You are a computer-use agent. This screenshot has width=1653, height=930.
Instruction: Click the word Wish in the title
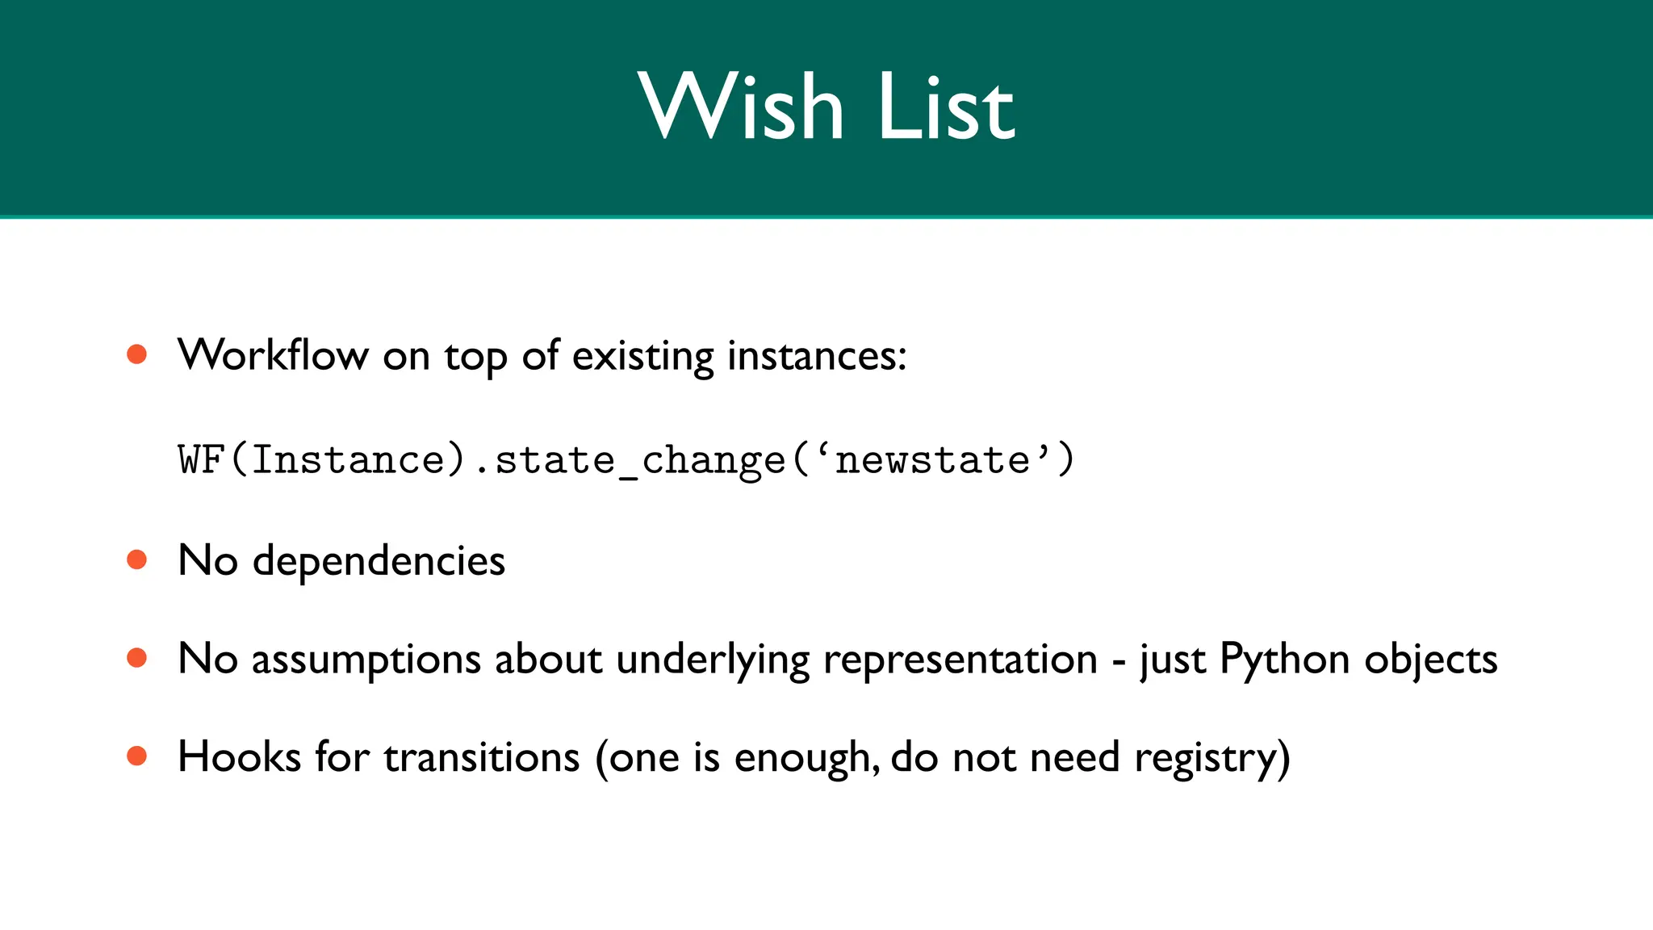(741, 107)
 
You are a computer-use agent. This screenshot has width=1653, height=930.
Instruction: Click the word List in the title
(945, 107)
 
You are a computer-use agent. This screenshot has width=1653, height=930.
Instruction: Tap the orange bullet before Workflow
(137, 354)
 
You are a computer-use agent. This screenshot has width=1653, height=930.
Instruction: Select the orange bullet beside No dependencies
(137, 559)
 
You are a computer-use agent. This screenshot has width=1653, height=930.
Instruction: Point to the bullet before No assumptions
(137, 658)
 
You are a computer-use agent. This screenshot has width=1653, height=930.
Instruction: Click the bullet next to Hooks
(137, 756)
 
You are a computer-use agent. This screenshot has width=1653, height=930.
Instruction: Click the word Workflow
(273, 354)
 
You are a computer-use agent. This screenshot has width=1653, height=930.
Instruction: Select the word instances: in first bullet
(817, 356)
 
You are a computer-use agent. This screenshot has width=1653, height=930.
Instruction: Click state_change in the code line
(639, 461)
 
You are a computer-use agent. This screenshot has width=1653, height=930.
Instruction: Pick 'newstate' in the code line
(933, 459)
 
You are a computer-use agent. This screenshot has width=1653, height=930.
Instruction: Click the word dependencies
(379, 560)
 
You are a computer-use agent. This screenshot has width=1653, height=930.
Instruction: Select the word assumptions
(366, 660)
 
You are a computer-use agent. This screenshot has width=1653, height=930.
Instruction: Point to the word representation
(960, 660)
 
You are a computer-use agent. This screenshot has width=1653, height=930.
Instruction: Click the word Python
(1284, 660)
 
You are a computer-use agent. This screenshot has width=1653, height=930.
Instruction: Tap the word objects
(1430, 660)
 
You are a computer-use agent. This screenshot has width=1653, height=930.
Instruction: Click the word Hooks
(239, 757)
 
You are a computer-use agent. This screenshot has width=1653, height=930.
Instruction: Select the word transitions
(482, 757)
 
